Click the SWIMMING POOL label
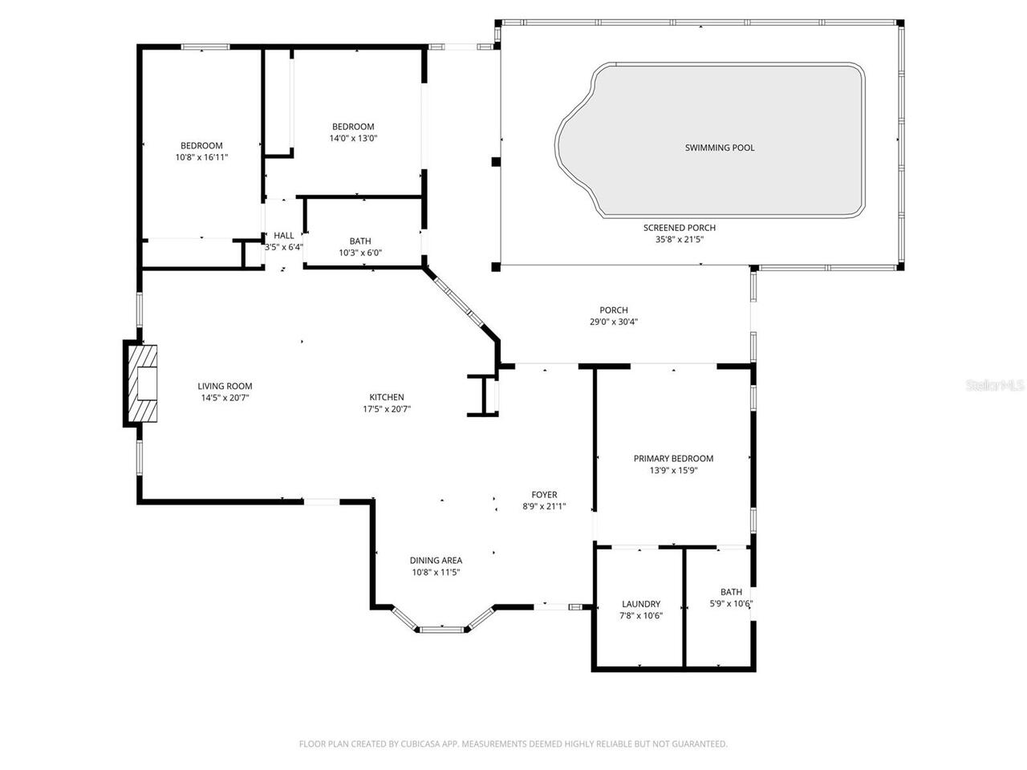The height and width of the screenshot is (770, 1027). pyautogui.click(x=720, y=148)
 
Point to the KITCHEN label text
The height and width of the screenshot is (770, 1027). pyautogui.click(x=386, y=397)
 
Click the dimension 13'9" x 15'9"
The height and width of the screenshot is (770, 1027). pyautogui.click(x=673, y=471)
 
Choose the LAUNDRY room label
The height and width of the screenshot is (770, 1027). pyautogui.click(x=641, y=604)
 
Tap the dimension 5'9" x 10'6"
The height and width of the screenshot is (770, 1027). pyautogui.click(x=731, y=604)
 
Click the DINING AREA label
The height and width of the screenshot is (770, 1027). pyautogui.click(x=436, y=561)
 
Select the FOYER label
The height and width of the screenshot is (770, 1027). pyautogui.click(x=544, y=495)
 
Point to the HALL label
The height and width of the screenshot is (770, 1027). pyautogui.click(x=284, y=235)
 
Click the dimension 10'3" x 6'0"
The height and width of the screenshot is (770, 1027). pyautogui.click(x=360, y=253)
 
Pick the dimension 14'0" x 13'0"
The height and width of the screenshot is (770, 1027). pyautogui.click(x=353, y=138)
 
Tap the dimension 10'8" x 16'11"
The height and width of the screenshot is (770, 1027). pyautogui.click(x=201, y=157)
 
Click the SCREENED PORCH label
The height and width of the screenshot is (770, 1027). pyautogui.click(x=679, y=228)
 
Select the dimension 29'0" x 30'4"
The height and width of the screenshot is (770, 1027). pyautogui.click(x=614, y=322)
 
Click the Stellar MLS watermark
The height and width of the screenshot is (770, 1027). pyautogui.click(x=995, y=386)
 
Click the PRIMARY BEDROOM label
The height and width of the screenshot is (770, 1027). pyautogui.click(x=673, y=459)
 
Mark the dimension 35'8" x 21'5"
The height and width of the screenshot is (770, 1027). pyautogui.click(x=679, y=239)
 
